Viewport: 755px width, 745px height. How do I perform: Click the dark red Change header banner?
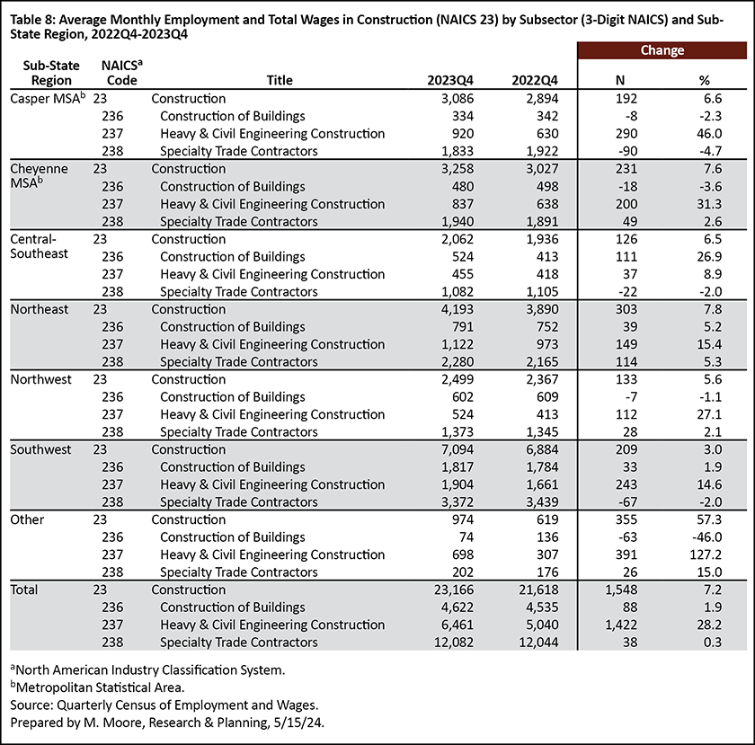coord(662,50)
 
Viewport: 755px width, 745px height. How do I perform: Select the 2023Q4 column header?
coord(450,80)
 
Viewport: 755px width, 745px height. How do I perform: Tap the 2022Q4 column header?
coord(535,80)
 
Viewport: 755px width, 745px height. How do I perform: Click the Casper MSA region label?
coord(48,98)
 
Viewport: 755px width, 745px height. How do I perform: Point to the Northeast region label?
coord(40,309)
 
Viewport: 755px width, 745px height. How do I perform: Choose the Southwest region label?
coord(40,449)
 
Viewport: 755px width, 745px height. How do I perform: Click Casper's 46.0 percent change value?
coord(709,133)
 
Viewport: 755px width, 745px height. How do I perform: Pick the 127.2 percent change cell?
coord(706,554)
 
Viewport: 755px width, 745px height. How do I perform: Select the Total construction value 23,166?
coord(454,590)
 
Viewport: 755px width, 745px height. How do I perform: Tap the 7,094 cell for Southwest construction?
coord(457,449)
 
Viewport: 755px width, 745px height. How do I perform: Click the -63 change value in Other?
coord(627,537)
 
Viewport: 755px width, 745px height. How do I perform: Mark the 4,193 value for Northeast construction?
coord(457,309)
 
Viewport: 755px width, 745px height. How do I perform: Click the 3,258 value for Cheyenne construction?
coord(457,169)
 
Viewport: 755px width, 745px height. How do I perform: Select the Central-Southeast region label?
coord(39,246)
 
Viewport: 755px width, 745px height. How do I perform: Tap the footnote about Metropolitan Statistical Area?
coord(97,687)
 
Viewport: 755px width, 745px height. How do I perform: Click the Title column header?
coord(280,80)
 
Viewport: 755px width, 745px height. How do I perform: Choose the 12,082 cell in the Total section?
coord(454,643)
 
